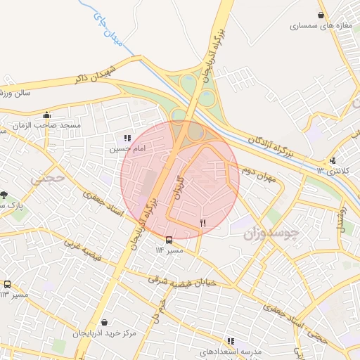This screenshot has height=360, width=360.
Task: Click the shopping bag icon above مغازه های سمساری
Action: click(321, 15)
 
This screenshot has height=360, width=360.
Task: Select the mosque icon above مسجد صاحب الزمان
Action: click(47, 115)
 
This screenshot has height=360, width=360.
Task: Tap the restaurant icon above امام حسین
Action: click(127, 139)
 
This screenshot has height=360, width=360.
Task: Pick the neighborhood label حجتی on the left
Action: click(47, 179)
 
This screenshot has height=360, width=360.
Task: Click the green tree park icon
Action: click(4, 194)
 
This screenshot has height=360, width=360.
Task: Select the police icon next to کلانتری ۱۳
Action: click(333, 160)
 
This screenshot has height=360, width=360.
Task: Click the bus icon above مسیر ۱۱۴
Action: click(168, 239)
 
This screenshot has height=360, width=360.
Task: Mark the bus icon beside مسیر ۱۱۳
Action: click(7, 284)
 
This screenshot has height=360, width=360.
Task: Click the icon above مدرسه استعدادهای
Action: click(231, 341)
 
